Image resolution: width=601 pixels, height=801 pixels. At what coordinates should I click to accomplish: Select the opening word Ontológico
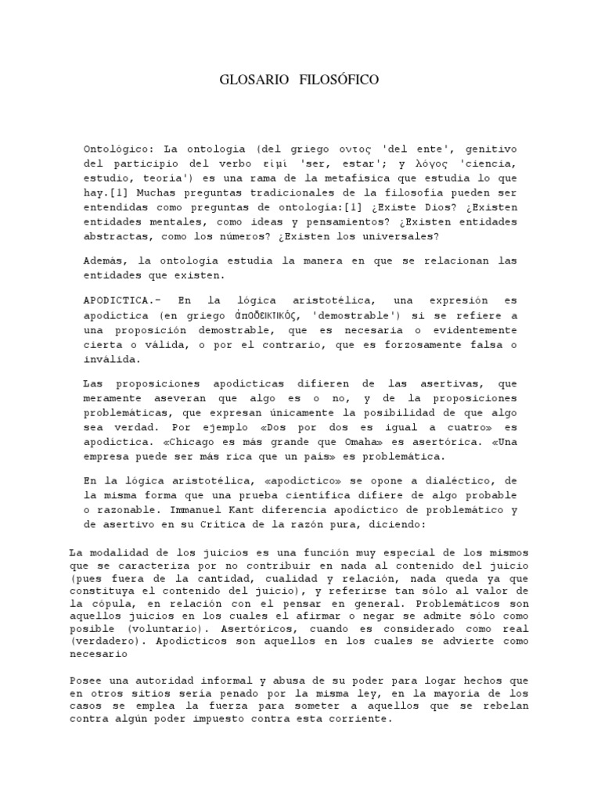click(x=116, y=148)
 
